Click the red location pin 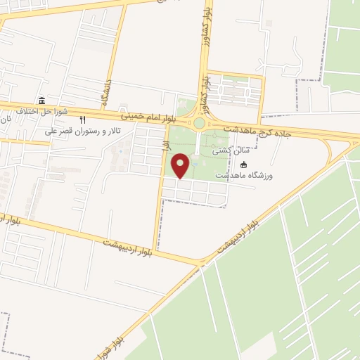tap(181, 165)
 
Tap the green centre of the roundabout tap(199, 124)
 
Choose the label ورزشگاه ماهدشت tap(243, 174)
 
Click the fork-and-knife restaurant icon tap(83, 120)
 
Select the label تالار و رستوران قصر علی tap(83, 131)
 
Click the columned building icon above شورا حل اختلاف tap(41, 100)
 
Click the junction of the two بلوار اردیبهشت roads tap(202, 263)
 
